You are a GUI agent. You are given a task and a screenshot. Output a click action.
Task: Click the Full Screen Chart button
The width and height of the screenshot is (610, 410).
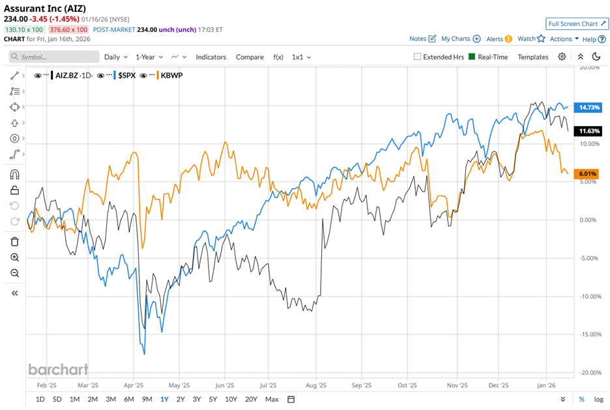(x=577, y=24)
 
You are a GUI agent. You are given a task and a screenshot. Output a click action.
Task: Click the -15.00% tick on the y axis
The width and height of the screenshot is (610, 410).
(x=589, y=334)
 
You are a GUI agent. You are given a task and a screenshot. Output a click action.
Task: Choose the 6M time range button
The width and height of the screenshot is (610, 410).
(x=128, y=399)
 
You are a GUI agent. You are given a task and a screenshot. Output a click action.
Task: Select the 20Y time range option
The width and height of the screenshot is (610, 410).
(x=251, y=399)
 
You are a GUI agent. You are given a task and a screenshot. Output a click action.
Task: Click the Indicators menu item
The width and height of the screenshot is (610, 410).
(x=211, y=57)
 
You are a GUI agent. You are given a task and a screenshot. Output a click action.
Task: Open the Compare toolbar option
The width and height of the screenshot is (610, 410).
(x=250, y=57)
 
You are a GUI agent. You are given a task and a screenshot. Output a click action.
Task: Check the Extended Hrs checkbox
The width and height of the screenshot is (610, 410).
(x=418, y=57)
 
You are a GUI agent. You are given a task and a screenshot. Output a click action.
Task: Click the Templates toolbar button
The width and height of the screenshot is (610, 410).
(x=533, y=57)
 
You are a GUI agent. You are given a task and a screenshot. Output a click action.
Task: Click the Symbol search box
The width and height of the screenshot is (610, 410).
(x=55, y=57)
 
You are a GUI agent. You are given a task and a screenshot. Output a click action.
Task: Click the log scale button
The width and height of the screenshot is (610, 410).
(x=598, y=399)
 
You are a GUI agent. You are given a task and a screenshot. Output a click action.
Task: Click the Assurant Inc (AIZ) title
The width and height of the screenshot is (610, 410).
(x=45, y=8)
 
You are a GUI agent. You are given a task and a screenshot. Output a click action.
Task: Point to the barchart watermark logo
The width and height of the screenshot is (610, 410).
(x=58, y=370)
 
